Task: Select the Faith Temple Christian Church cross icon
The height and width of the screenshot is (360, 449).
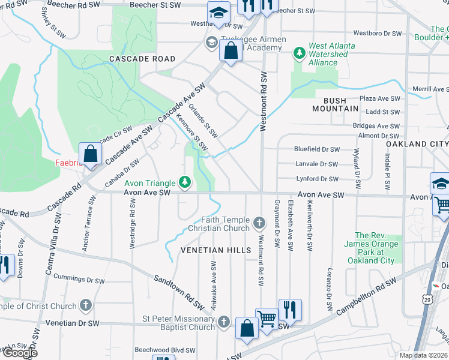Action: pyautogui.click(x=259, y=224)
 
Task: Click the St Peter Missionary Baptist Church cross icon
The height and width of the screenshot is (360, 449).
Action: pyautogui.click(x=224, y=322)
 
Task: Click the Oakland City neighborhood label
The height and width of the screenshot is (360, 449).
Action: pyautogui.click(x=417, y=145)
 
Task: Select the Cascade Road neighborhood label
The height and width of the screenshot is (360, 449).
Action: pyautogui.click(x=142, y=59)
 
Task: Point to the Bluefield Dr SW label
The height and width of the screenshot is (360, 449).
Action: pyautogui.click(x=316, y=149)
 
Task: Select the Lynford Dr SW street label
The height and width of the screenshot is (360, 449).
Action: pyautogui.click(x=318, y=179)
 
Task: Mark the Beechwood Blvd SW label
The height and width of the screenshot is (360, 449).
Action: pyautogui.click(x=165, y=349)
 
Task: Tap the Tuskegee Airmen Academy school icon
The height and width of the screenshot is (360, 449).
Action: pyautogui.click(x=211, y=43)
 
